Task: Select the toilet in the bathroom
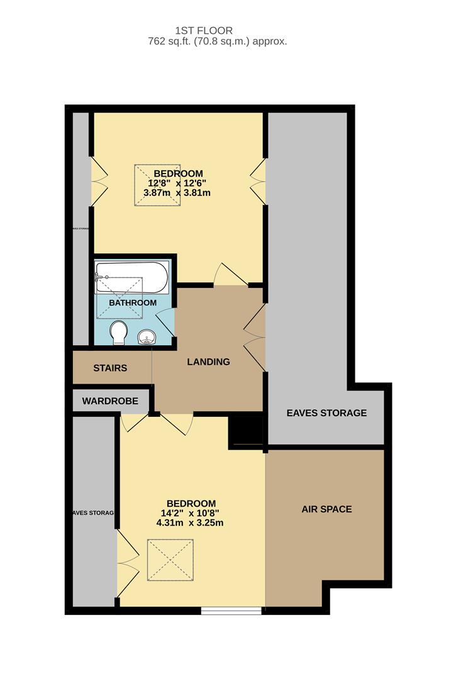click(x=118, y=333)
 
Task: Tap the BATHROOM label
click(x=133, y=303)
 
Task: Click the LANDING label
click(x=208, y=362)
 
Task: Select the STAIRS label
click(x=110, y=368)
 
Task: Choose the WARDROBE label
click(x=110, y=400)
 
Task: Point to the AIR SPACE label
click(x=326, y=509)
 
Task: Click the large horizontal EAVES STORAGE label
click(x=326, y=413)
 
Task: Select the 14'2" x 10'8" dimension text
click(x=191, y=513)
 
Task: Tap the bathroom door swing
click(x=165, y=324)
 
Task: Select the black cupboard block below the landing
click(x=245, y=431)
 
